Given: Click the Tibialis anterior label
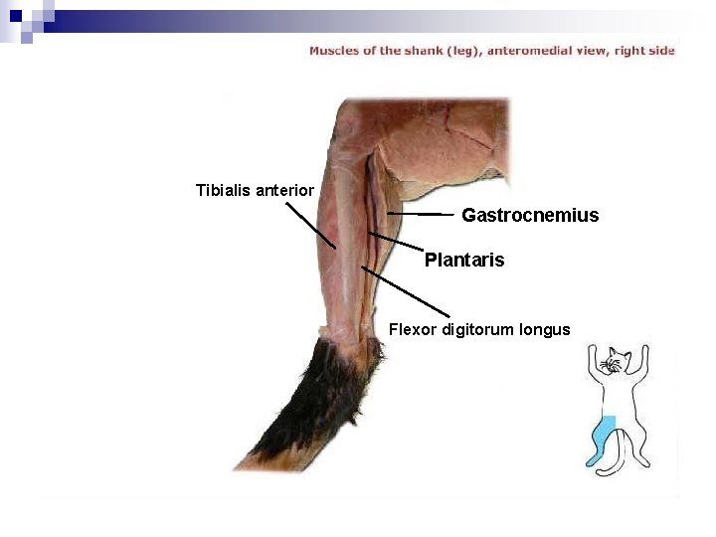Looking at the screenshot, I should [x=255, y=190].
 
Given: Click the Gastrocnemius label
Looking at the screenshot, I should [x=530, y=215].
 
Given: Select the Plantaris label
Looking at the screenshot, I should [x=464, y=261].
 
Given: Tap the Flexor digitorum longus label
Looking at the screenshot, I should [x=479, y=329].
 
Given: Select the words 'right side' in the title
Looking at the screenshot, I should [x=645, y=51].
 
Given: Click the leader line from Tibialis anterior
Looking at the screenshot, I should [x=310, y=226].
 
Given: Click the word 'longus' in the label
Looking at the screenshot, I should [x=545, y=329].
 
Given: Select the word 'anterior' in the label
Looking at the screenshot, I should [x=284, y=190].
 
